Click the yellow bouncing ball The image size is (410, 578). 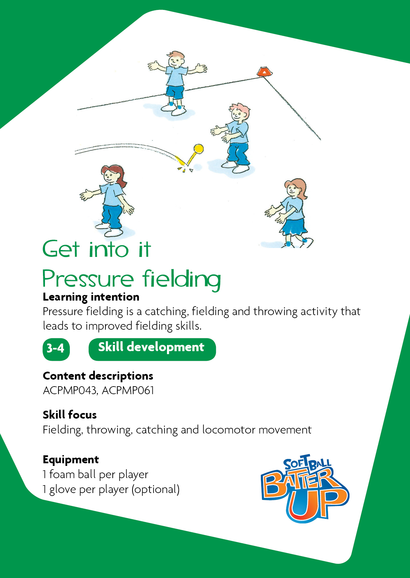(x=198, y=149)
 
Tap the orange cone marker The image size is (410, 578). (x=264, y=71)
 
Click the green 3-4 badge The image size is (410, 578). (x=56, y=349)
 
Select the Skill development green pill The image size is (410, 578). (x=152, y=349)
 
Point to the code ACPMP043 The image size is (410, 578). (x=70, y=391)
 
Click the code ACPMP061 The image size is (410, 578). (x=128, y=391)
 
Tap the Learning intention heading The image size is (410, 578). (x=91, y=297)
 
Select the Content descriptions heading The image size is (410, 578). (x=98, y=376)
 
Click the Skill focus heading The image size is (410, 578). (x=70, y=415)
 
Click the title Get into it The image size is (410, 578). (x=97, y=249)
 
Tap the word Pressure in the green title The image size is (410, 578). (x=88, y=279)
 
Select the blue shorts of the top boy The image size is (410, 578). (x=175, y=92)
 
